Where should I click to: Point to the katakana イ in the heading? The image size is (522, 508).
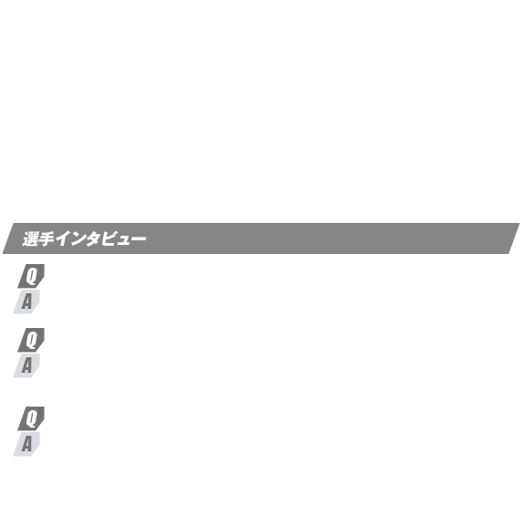click(x=62, y=239)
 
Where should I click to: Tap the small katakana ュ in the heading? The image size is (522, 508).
click(x=122, y=240)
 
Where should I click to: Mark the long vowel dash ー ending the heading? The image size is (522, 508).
click(x=138, y=238)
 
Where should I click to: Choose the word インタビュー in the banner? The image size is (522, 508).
click(x=101, y=239)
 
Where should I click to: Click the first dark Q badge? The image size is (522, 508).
click(x=31, y=276)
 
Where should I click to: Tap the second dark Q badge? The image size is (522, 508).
click(x=31, y=340)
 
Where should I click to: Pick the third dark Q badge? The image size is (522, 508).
click(x=31, y=418)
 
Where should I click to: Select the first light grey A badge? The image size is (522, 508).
click(x=26, y=302)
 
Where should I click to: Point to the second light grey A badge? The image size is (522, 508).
click(x=26, y=365)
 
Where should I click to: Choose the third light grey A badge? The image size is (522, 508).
click(x=26, y=444)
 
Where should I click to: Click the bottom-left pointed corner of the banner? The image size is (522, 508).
click(x=3, y=254)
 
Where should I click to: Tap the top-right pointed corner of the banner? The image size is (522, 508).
click(x=519, y=223)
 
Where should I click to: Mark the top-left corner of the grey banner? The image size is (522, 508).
click(x=14, y=223)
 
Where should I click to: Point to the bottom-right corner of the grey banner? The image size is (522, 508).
click(x=508, y=254)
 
